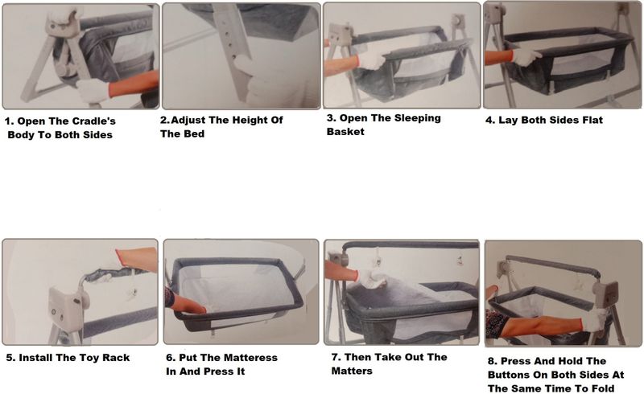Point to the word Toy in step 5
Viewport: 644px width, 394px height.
tap(90, 358)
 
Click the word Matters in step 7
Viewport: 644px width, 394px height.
tap(352, 371)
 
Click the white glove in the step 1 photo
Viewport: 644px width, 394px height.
tap(93, 90)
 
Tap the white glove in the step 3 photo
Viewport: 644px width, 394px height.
tap(371, 60)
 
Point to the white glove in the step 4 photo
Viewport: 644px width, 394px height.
tap(526, 57)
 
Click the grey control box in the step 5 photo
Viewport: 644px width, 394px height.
tap(66, 309)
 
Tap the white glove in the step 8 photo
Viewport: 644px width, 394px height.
tap(594, 320)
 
